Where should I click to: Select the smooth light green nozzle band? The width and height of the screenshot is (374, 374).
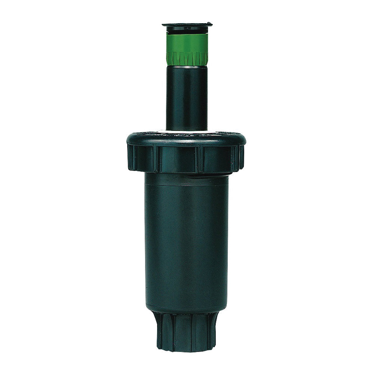(187, 42)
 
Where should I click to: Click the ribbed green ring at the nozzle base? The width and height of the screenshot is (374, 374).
(187, 58)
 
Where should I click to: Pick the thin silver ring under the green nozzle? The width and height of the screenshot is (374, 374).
(187, 67)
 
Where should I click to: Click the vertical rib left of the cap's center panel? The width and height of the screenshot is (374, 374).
(154, 159)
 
